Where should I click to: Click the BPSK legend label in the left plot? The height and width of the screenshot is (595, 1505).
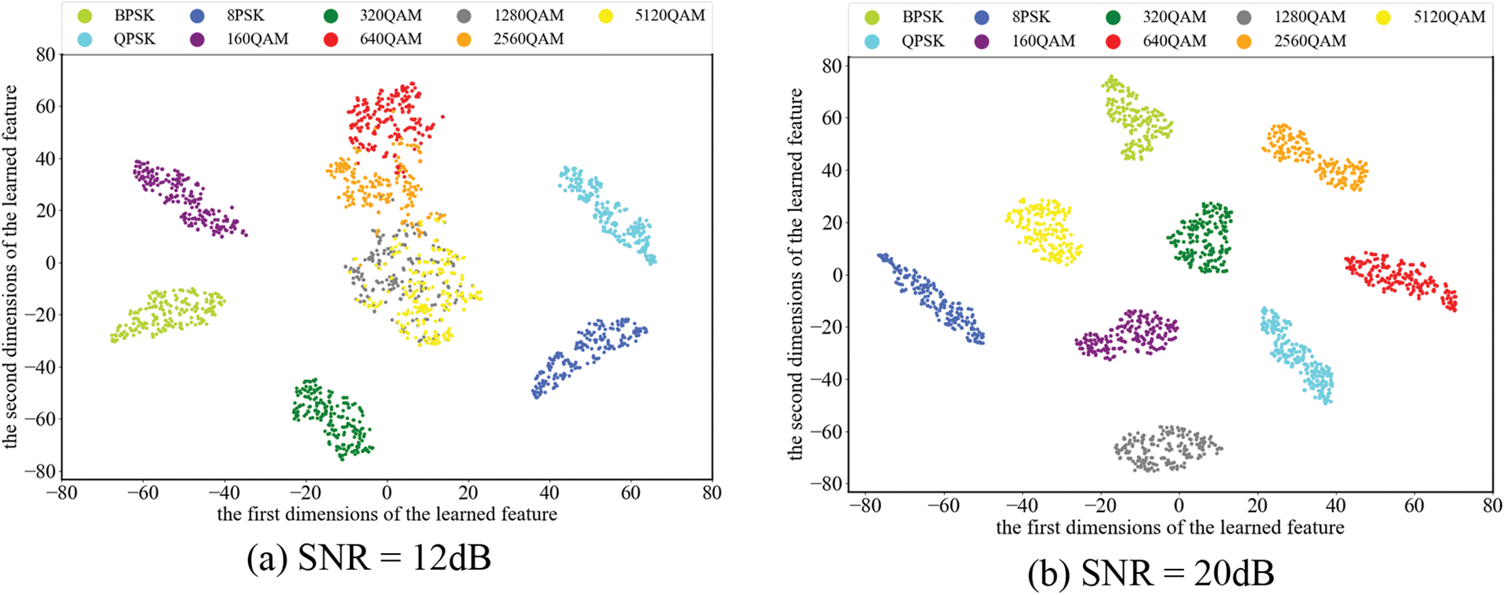[134, 16]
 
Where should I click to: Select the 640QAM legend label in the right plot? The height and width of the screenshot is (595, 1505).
[1174, 41]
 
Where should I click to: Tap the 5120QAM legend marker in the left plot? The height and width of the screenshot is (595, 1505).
[606, 16]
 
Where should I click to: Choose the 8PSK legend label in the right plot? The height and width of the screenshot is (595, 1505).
[1031, 17]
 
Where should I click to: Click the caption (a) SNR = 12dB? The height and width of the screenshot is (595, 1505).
[369, 558]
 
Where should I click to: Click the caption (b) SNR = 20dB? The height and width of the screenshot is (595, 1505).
[1150, 572]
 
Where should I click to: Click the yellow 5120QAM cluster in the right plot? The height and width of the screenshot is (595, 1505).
[1041, 231]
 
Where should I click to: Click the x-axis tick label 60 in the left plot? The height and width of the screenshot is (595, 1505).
[630, 493]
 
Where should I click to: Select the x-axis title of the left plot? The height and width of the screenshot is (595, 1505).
[387, 514]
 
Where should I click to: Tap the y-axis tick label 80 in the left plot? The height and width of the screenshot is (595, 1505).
[45, 55]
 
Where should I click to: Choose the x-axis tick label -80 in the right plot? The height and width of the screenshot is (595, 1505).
[864, 505]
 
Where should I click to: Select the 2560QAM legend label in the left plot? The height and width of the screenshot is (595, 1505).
[528, 39]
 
